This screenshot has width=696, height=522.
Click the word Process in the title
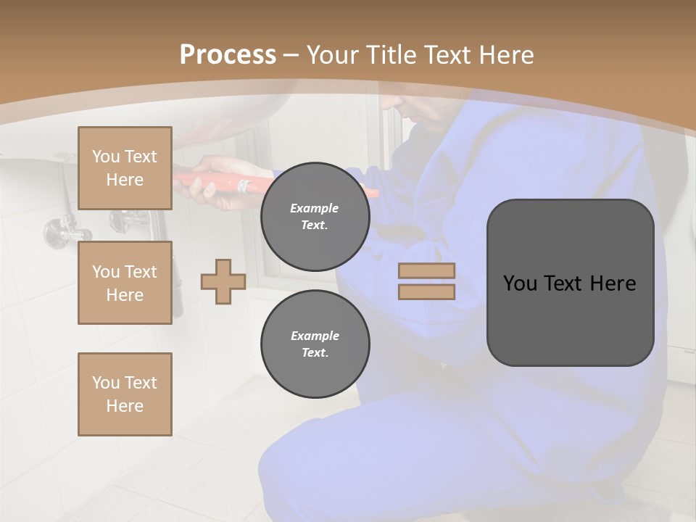(228, 55)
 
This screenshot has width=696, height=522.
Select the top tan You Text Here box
(125, 168)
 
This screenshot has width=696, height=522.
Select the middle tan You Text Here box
(125, 283)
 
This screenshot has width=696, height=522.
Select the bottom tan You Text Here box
(125, 394)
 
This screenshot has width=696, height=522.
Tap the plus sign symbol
(223, 281)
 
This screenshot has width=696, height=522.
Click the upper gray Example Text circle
(315, 216)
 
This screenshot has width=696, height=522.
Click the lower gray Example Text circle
(315, 344)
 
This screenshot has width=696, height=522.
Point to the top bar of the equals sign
(426, 271)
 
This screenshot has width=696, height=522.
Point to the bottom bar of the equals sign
(426, 291)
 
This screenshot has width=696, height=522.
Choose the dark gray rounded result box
(570, 283)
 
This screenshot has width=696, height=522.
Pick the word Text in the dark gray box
(568, 283)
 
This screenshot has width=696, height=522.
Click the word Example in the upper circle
(314, 208)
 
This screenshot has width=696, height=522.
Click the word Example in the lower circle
(315, 336)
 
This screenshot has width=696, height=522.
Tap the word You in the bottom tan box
(106, 383)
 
